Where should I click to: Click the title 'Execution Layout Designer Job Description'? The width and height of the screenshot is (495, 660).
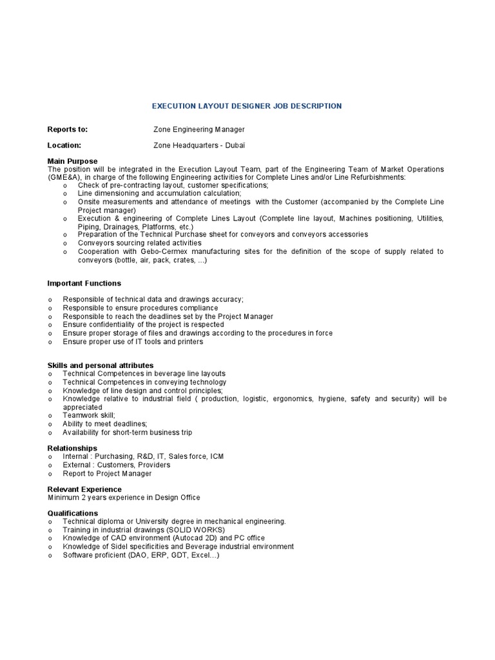tap(247, 106)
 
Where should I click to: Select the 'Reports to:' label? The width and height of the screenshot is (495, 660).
tap(68, 130)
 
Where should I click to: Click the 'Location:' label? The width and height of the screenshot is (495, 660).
tap(64, 146)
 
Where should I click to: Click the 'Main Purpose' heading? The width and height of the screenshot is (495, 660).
tap(73, 160)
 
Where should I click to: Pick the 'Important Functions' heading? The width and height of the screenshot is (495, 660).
tap(84, 283)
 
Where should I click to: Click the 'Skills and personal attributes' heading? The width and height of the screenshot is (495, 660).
tap(101, 365)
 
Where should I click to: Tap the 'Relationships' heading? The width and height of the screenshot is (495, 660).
tap(73, 448)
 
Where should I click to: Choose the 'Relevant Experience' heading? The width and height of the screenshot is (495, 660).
tap(84, 489)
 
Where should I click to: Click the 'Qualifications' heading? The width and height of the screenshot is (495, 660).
tap(73, 513)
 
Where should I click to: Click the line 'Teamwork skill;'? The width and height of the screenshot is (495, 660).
tap(89, 416)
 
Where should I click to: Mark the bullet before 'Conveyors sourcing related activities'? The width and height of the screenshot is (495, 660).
tap(65, 244)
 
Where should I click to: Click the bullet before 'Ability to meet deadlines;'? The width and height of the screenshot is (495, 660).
tap(50, 424)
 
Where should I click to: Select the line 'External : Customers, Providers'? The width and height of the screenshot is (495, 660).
tap(117, 465)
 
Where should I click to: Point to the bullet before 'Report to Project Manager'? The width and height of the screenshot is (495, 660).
tap(50, 474)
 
